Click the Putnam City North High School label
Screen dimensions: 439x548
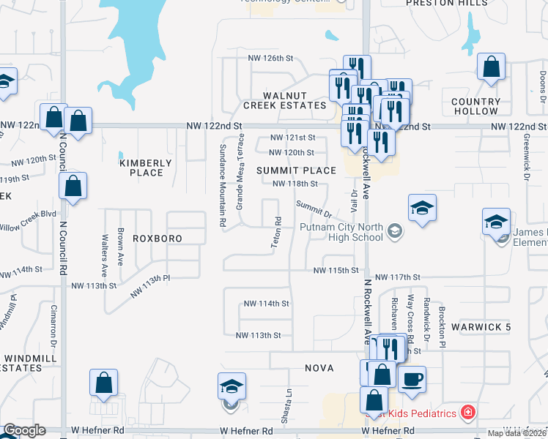(x=341, y=232)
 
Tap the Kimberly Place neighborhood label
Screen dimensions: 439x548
(x=146, y=168)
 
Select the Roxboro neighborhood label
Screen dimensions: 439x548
(x=157, y=239)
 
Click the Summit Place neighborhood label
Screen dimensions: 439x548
(x=296, y=170)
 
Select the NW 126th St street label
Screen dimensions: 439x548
(x=270, y=58)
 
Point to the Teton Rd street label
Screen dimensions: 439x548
(x=278, y=232)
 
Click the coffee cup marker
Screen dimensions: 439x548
(x=411, y=379)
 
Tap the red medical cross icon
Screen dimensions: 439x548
(x=467, y=413)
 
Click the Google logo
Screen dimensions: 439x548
(x=24, y=430)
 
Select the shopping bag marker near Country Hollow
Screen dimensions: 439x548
(x=490, y=67)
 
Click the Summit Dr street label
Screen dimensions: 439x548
(x=314, y=209)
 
